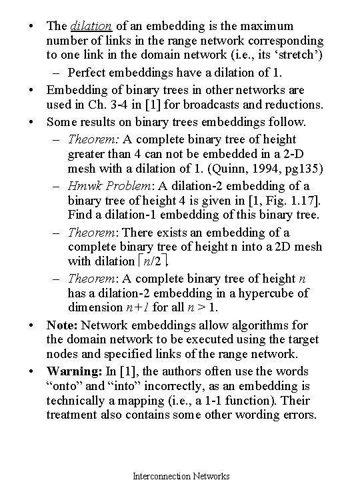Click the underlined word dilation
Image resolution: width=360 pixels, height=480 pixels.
click(89, 26)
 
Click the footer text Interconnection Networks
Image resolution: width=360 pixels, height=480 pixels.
click(181, 475)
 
